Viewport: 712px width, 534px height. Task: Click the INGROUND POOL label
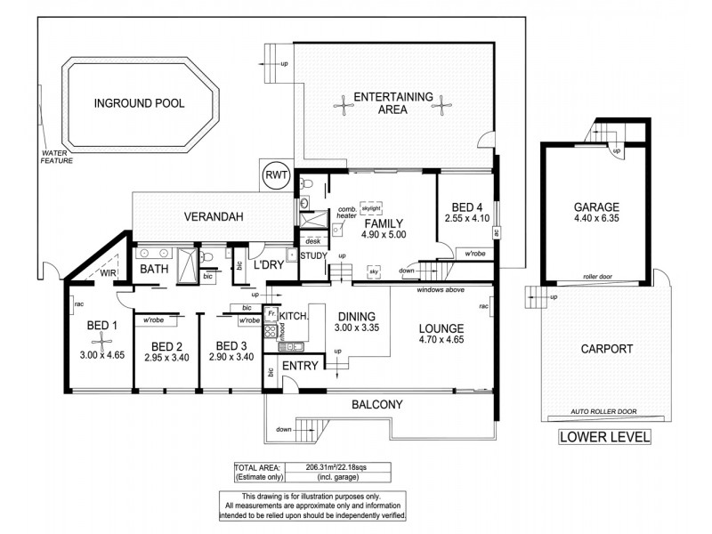[x=139, y=103]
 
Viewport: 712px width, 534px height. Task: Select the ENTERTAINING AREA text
[x=392, y=103]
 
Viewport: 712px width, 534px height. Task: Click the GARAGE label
[x=595, y=207]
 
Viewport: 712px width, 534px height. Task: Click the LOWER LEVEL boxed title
[x=603, y=436]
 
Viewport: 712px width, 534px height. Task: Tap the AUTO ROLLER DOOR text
[x=605, y=413]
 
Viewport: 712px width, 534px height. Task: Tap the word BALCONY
[x=376, y=404]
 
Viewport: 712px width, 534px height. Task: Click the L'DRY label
[x=268, y=265]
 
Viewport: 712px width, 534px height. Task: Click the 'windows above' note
[x=441, y=290]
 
